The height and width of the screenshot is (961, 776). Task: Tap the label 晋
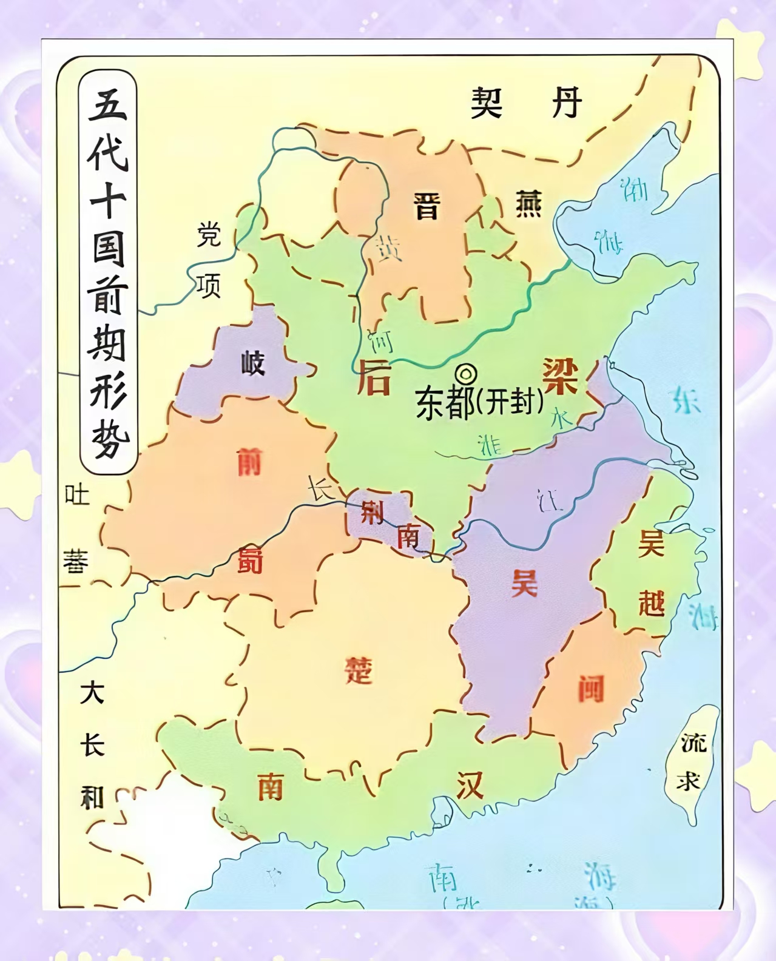click(427, 206)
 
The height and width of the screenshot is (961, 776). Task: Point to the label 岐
click(252, 363)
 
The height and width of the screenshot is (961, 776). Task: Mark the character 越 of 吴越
click(651, 602)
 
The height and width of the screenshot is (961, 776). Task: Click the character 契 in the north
click(487, 103)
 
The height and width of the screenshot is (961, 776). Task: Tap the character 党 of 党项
click(209, 235)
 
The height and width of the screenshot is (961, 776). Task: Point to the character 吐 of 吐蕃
click(77, 495)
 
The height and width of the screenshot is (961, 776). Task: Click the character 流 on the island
click(693, 742)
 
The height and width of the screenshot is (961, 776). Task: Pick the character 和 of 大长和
click(92, 797)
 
